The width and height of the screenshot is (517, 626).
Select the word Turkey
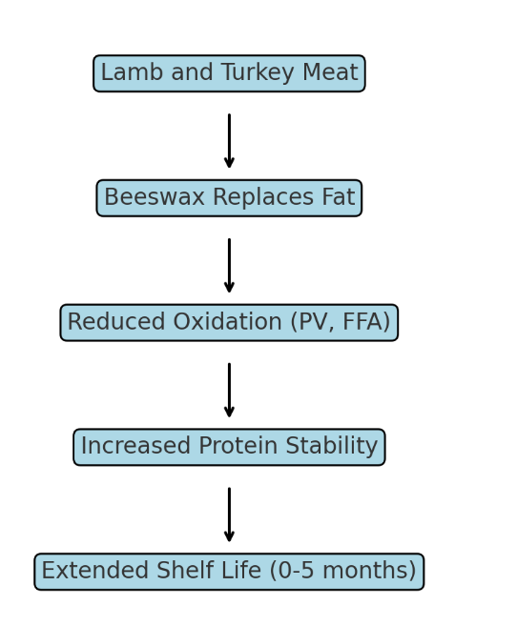click(x=258, y=73)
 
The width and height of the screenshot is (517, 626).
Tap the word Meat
click(x=330, y=72)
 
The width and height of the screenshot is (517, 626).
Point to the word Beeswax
click(x=155, y=197)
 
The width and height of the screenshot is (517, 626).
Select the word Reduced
click(x=116, y=321)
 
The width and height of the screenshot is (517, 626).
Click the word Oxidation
click(x=228, y=321)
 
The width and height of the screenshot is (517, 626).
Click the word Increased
click(x=135, y=446)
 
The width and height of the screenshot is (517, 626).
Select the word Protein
click(x=238, y=446)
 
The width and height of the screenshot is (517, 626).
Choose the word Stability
click(x=332, y=447)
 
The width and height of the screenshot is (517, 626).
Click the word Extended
click(x=94, y=571)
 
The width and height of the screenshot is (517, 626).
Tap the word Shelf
click(x=184, y=571)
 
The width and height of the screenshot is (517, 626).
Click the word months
click(x=364, y=571)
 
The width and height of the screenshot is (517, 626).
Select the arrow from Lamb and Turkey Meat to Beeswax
click(x=229, y=141)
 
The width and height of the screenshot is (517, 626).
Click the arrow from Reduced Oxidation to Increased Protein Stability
click(x=229, y=390)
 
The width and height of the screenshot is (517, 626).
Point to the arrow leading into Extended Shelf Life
click(x=229, y=515)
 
